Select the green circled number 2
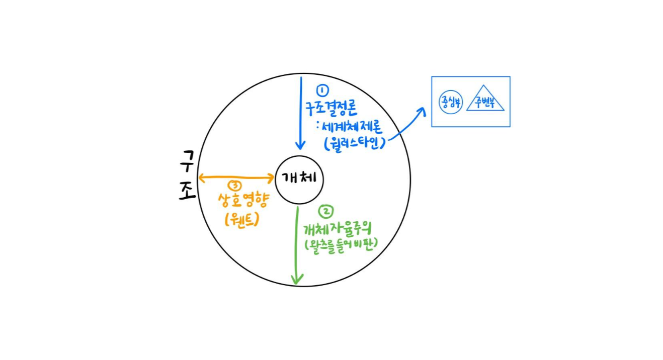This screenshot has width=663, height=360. (x=326, y=211)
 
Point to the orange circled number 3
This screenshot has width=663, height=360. (x=234, y=186)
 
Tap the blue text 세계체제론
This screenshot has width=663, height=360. (x=355, y=126)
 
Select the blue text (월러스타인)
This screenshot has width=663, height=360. (x=355, y=143)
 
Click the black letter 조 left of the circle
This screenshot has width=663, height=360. (x=187, y=191)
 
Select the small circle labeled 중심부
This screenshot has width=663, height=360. (x=449, y=102)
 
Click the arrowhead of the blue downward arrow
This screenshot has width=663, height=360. (x=300, y=145)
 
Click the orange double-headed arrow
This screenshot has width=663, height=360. (x=236, y=177)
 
